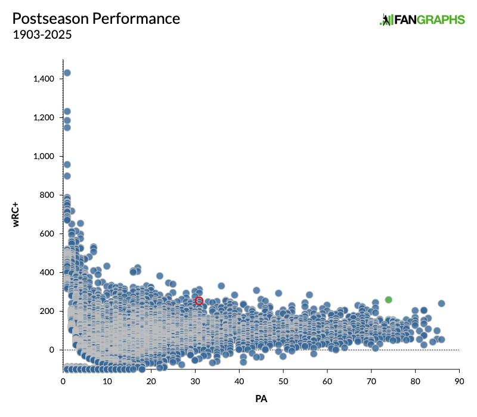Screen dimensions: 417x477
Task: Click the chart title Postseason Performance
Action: click(96, 18)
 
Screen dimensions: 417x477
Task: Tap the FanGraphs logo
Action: click(422, 20)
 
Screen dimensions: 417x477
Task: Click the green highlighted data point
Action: click(388, 300)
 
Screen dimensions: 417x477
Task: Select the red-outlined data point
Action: click(199, 301)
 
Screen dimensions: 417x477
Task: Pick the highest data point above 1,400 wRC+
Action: click(67, 73)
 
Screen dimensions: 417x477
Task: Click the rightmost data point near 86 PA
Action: click(441, 303)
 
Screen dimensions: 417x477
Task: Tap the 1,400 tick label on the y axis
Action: click(44, 79)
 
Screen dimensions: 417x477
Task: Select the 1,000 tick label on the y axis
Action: click(44, 156)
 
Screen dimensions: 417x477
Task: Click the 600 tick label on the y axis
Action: click(48, 234)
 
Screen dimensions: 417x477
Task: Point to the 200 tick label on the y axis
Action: click(48, 311)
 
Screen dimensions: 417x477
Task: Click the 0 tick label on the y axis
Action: click(52, 350)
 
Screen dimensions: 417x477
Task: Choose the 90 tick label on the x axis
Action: click(459, 382)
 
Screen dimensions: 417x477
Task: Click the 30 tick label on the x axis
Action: click(195, 382)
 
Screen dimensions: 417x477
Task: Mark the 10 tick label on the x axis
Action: click(107, 382)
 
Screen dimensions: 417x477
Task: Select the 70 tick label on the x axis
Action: click(371, 382)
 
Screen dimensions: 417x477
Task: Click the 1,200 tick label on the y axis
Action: click(44, 117)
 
